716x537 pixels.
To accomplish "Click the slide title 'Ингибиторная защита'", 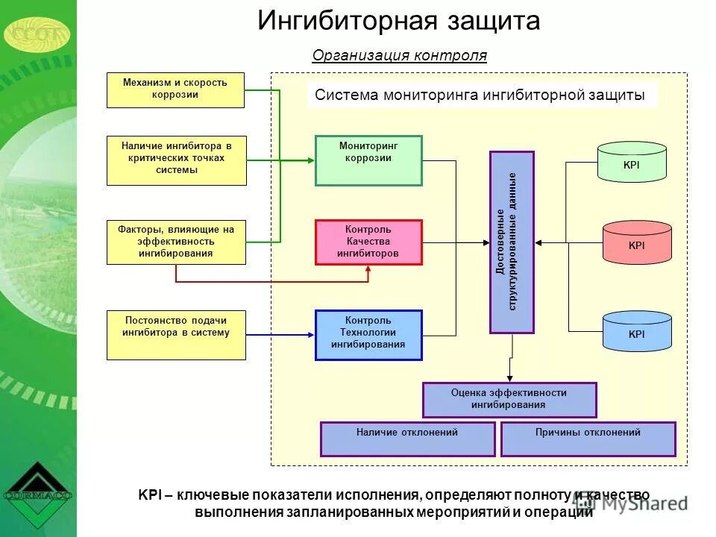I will (x=398, y=21).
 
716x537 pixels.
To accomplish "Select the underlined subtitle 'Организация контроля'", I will (x=399, y=56).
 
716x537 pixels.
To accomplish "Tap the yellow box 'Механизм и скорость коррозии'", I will (x=175, y=89).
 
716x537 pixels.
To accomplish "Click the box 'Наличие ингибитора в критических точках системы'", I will (x=176, y=160).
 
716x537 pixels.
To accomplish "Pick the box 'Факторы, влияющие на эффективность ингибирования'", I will (x=176, y=242).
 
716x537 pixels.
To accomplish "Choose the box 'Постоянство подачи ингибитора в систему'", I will (x=176, y=335).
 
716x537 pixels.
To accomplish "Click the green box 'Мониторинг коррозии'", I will (x=368, y=160).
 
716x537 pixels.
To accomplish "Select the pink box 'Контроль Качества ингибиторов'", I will (x=368, y=242).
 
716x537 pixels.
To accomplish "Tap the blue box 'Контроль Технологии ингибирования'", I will (x=368, y=335).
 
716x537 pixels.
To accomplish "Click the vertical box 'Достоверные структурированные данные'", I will (x=512, y=242).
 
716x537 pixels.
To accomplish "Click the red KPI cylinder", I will (x=636, y=243).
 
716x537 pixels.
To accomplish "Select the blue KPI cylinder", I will (x=636, y=332).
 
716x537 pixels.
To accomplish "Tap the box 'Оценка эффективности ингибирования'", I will (x=509, y=400).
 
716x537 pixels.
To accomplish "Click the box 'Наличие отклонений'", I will (x=407, y=439).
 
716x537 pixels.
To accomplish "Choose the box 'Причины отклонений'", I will (x=588, y=439).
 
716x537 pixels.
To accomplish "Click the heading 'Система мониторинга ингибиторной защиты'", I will (x=480, y=95).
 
